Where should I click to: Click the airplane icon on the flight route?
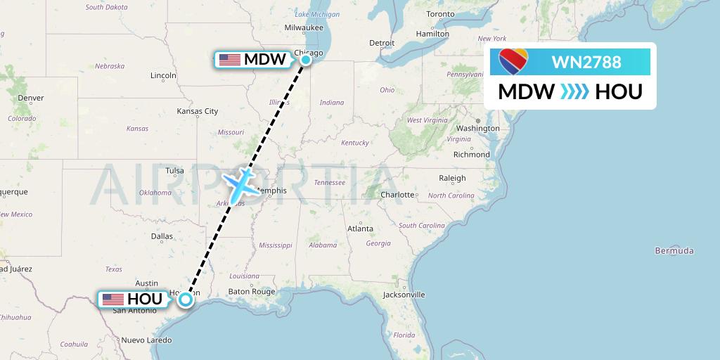point(241,182)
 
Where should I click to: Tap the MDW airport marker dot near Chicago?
point(306,60)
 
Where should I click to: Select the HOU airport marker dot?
point(185,300)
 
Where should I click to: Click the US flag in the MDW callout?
point(229,60)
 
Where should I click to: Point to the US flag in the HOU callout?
point(112,300)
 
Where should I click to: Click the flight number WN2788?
point(586,62)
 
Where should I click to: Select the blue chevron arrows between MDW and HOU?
point(574,92)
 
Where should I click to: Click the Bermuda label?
point(674,251)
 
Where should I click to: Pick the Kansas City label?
point(198,111)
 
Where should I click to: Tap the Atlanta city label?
point(360,229)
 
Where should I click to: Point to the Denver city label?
point(31,98)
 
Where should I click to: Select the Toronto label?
point(441,14)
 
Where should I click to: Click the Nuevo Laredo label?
point(146,340)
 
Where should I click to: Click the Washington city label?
point(477,128)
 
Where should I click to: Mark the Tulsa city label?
point(174,170)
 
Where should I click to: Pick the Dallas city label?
point(162,236)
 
